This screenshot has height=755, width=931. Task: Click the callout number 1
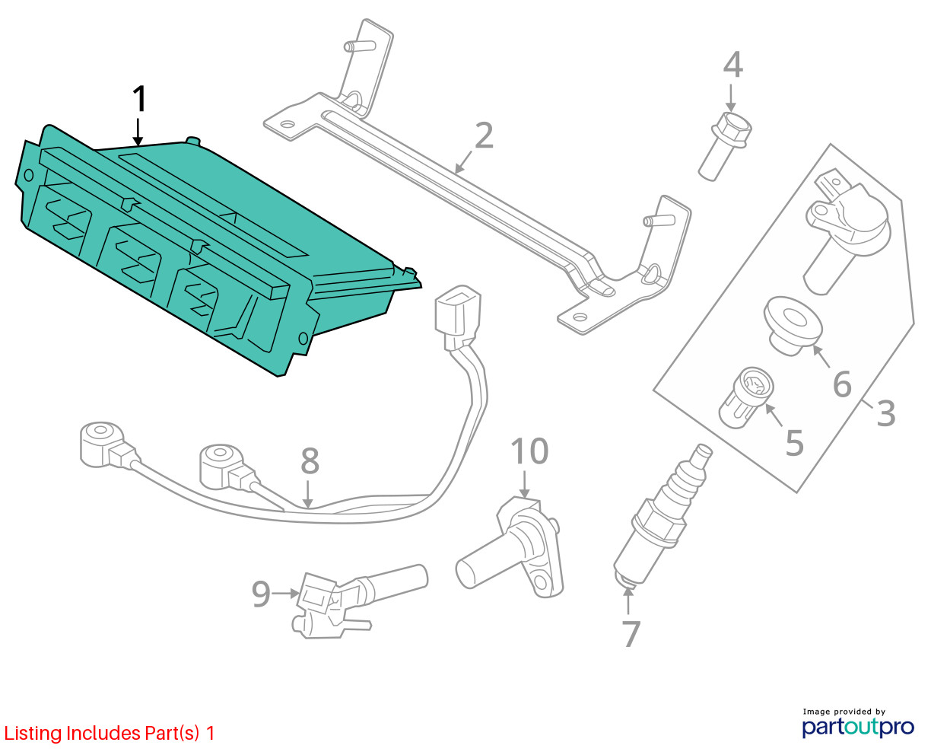(138, 100)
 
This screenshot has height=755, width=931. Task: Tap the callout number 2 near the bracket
(484, 136)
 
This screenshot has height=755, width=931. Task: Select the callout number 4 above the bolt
(732, 65)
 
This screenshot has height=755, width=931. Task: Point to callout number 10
(529, 451)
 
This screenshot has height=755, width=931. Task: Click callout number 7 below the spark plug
(631, 633)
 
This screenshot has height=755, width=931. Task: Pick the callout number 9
(261, 594)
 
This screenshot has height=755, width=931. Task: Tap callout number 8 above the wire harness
(310, 462)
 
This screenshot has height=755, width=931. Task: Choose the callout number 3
(885, 413)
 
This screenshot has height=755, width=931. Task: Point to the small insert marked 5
(746, 396)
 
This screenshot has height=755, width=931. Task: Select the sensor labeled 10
(518, 543)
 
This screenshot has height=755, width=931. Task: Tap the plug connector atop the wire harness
(455, 311)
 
